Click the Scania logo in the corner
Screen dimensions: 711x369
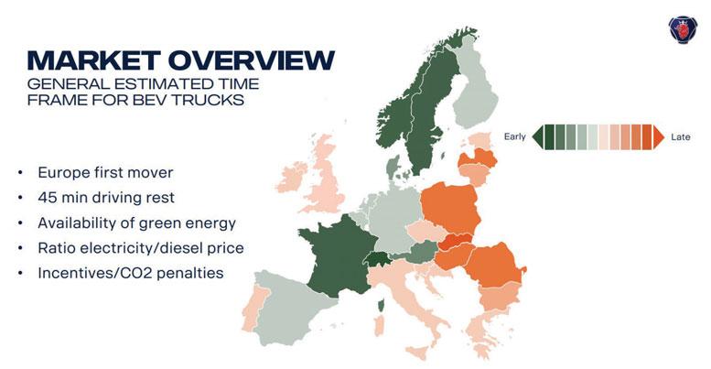683,30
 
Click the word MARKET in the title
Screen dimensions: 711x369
94,60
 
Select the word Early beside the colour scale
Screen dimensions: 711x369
514,136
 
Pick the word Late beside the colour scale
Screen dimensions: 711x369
680,136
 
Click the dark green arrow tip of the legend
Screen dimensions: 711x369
538,136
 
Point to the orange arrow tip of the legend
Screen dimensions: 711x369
659,136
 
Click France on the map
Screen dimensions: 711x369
339,255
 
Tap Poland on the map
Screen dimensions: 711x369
450,208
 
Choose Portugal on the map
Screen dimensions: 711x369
253,307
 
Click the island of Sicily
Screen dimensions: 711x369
417,352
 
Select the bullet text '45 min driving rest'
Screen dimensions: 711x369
106,198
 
